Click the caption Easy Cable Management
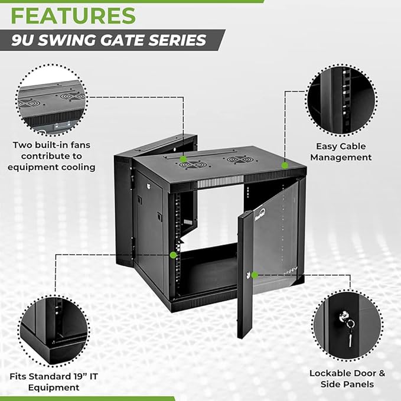click(341, 152)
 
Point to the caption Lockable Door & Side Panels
click(347, 379)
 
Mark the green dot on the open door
click(255, 275)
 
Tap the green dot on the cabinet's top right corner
click(285, 166)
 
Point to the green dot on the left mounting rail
click(173, 255)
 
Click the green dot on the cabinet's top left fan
click(184, 159)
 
